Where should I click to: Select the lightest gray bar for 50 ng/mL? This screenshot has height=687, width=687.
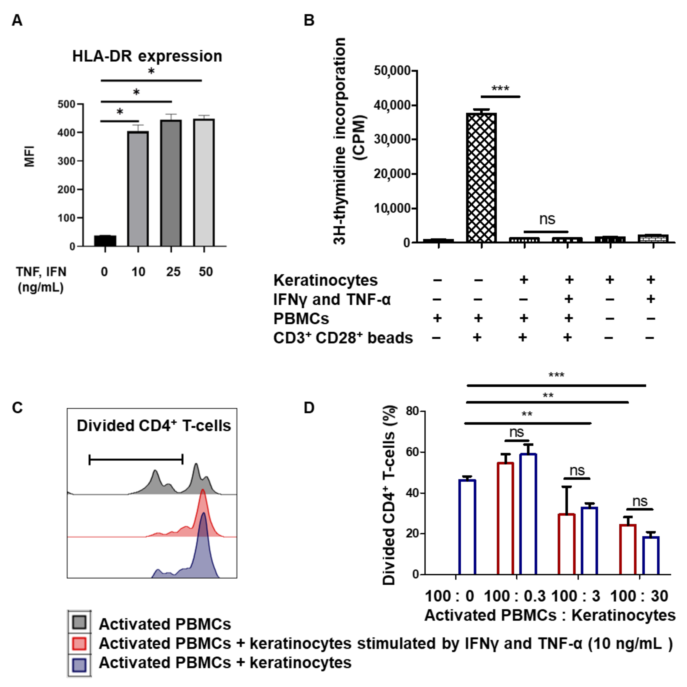(204, 183)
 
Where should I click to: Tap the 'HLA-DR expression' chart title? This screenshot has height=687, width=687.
(147, 56)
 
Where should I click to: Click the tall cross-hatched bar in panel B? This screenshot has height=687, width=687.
(481, 178)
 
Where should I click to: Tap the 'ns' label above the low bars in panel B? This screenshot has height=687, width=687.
(547, 219)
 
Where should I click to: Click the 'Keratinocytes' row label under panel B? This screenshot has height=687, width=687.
(325, 280)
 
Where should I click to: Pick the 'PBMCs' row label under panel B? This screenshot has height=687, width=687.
(301, 319)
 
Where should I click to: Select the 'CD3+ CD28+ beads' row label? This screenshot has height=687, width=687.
(343, 338)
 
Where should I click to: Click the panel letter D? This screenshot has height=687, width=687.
(309, 408)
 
